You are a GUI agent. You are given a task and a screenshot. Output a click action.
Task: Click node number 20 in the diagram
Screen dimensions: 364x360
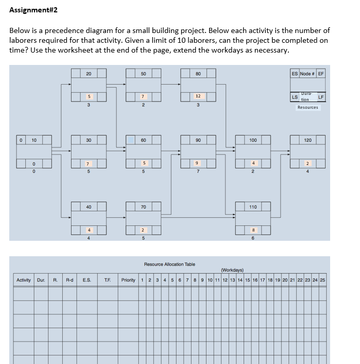pyautogui.click(x=89, y=74)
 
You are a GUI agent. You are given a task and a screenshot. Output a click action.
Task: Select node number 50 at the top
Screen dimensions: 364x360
pyautogui.click(x=143, y=74)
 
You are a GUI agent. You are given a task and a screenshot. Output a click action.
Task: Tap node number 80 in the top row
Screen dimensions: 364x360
pyautogui.click(x=198, y=74)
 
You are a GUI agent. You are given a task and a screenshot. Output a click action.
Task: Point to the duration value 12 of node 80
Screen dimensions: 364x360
pyautogui.click(x=198, y=96)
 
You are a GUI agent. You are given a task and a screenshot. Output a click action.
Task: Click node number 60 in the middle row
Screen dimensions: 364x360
pyautogui.click(x=143, y=140)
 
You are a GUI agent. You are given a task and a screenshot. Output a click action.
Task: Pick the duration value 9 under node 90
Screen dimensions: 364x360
pyautogui.click(x=198, y=163)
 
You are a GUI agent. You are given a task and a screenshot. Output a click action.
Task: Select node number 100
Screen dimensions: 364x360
pyautogui.click(x=253, y=140)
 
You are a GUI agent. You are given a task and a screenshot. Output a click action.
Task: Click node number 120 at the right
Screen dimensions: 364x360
pyautogui.click(x=307, y=140)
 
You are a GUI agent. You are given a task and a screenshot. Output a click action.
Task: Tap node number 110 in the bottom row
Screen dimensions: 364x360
pyautogui.click(x=253, y=207)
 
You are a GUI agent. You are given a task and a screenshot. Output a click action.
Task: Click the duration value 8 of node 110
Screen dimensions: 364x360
pyautogui.click(x=253, y=229)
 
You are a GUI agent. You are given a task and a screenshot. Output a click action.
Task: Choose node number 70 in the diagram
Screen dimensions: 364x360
pyautogui.click(x=143, y=207)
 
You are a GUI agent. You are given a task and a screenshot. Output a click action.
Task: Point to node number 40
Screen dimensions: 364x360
pyautogui.click(x=89, y=207)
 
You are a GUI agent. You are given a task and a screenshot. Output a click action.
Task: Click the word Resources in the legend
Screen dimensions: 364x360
pyautogui.click(x=307, y=108)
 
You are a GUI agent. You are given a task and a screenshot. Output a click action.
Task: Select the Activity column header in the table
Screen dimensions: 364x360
pyautogui.click(x=24, y=280)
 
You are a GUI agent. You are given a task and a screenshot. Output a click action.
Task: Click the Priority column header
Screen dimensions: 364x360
pyautogui.click(x=129, y=280)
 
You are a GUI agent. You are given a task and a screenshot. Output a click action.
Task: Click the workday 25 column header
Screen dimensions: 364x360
pyautogui.click(x=322, y=280)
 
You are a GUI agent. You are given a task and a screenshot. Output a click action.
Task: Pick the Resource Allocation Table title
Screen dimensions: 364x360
pyautogui.click(x=169, y=264)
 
